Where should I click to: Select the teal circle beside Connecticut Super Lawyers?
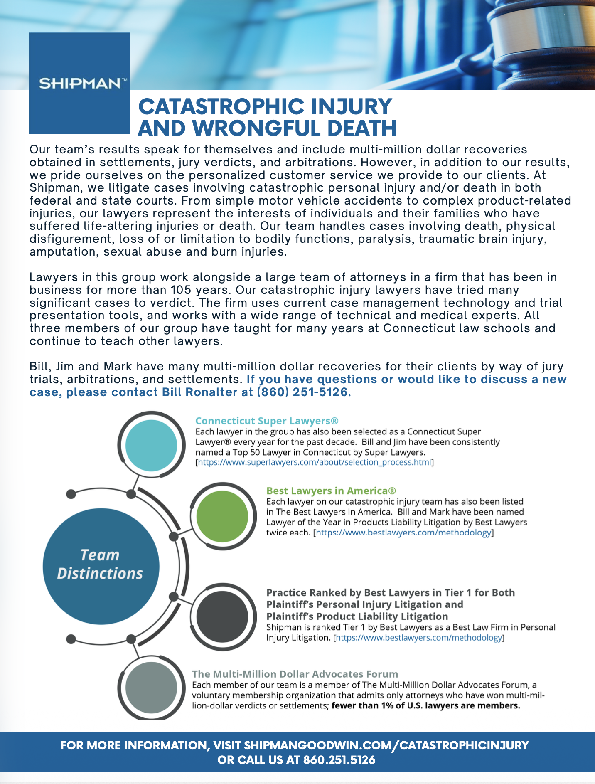151,445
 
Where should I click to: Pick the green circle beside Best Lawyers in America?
222,516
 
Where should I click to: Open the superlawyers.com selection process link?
314,462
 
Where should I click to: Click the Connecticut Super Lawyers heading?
267,421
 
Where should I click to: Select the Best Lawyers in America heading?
331,491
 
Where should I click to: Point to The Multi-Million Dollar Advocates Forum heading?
295,674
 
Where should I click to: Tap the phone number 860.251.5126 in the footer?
339,760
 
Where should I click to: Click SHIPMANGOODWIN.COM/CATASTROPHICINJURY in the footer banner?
386,745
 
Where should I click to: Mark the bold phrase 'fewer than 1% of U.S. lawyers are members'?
425,705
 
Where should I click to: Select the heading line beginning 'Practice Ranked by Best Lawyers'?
390,593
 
